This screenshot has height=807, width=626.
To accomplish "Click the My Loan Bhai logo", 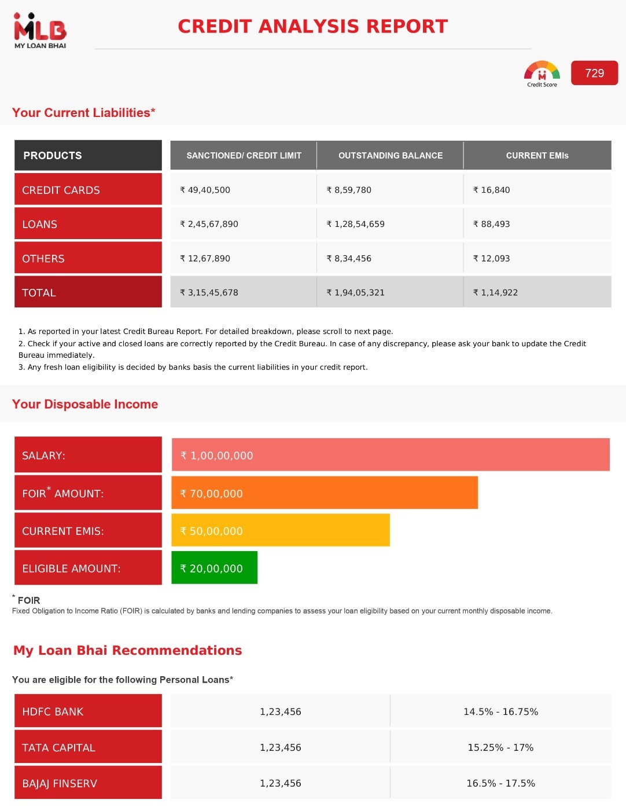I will click(40, 31).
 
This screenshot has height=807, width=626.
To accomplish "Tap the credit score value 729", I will click(594, 73).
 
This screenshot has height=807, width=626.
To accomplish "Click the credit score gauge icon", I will click(542, 74).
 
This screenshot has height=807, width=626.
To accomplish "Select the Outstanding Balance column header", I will click(390, 155).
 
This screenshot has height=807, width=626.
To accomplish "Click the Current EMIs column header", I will click(537, 155).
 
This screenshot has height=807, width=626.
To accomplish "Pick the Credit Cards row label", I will click(88, 190).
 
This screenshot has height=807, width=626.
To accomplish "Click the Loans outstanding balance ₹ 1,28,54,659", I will click(355, 224).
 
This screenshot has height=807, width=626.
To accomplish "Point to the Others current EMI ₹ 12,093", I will click(491, 258).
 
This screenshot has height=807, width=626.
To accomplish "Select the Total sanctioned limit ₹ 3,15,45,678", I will click(209, 292).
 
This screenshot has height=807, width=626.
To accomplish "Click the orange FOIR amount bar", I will click(325, 493).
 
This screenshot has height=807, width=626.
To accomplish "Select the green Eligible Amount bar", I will click(214, 568).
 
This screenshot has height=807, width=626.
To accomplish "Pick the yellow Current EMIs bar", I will click(281, 530).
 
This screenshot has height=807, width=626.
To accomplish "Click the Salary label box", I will click(88, 455).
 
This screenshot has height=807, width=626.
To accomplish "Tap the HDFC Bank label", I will click(88, 711).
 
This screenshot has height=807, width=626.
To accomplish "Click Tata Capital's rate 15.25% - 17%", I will click(500, 747).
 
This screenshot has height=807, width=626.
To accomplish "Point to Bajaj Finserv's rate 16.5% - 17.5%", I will click(500, 783).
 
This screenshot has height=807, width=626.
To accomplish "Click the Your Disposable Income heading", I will click(85, 404).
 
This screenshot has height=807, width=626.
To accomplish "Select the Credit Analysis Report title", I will click(312, 26).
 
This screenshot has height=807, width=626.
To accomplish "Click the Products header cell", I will click(88, 155).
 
